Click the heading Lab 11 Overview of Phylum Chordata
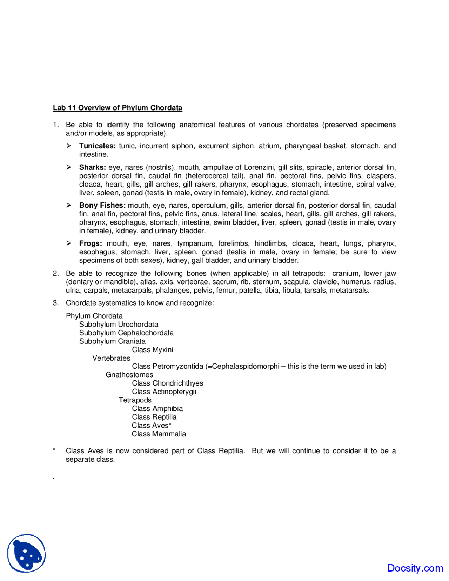(118, 108)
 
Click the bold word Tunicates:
(97, 146)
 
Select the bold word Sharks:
(92, 167)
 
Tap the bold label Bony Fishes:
(102, 206)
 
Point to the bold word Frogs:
(91, 243)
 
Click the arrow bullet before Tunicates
(69, 146)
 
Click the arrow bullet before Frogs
(69, 243)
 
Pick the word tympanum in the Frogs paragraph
(195, 243)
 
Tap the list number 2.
(56, 273)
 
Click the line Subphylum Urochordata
(119, 325)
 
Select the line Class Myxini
(152, 350)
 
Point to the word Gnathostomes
(129, 375)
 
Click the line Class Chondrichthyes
(167, 383)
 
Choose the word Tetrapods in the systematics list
(135, 400)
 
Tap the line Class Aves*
(152, 426)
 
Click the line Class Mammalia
(159, 434)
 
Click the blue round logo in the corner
(27, 553)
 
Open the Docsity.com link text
(415, 568)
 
